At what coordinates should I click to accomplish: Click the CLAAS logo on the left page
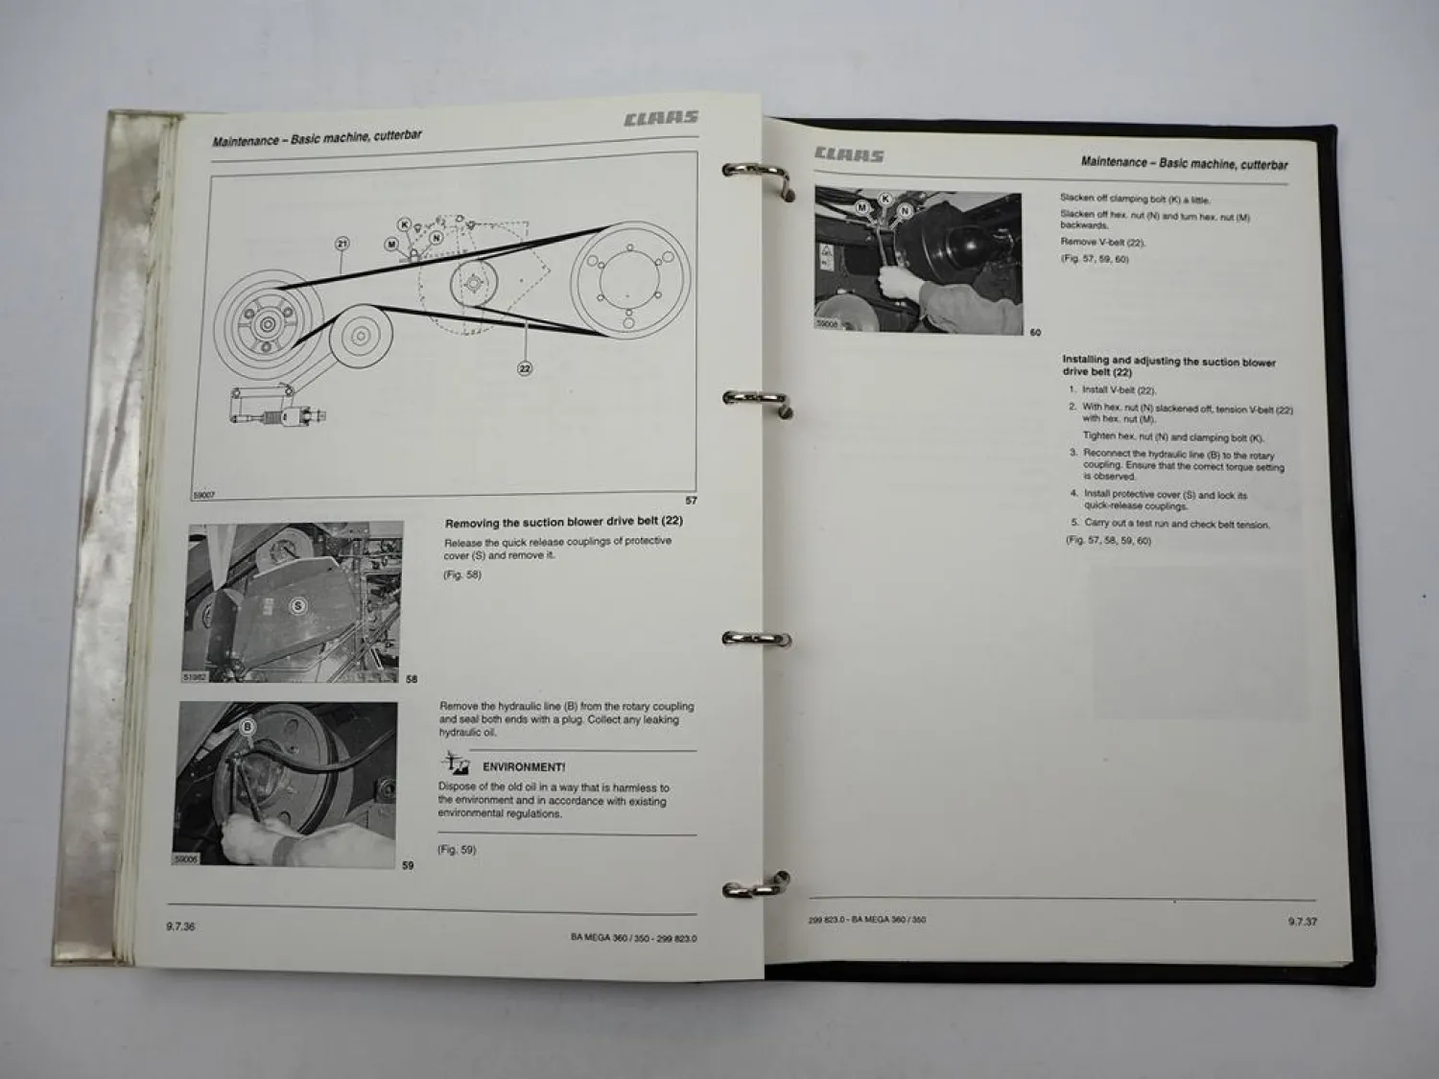660,119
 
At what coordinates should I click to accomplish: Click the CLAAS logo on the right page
849,154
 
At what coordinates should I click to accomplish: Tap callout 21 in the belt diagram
342,245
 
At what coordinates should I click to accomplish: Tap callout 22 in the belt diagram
525,368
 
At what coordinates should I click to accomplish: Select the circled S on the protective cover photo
297,605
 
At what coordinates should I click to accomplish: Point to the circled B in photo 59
248,727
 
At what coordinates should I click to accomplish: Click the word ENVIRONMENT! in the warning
523,767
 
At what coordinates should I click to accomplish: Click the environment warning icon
455,764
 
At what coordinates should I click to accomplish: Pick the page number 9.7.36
180,927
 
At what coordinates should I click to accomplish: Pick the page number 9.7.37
1302,922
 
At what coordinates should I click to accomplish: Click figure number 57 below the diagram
691,501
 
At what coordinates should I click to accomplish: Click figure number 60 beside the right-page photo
1035,333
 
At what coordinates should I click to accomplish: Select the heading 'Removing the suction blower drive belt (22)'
563,523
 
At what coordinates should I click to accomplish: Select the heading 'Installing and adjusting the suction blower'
1168,363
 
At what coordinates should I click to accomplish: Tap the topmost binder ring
758,176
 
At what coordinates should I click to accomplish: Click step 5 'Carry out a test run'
1175,524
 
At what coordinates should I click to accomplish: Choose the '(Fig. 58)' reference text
462,575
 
